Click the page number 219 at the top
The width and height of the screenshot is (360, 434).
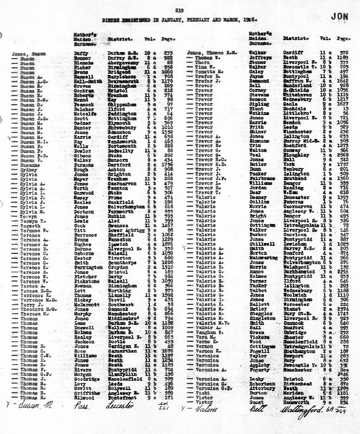(180, 10)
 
